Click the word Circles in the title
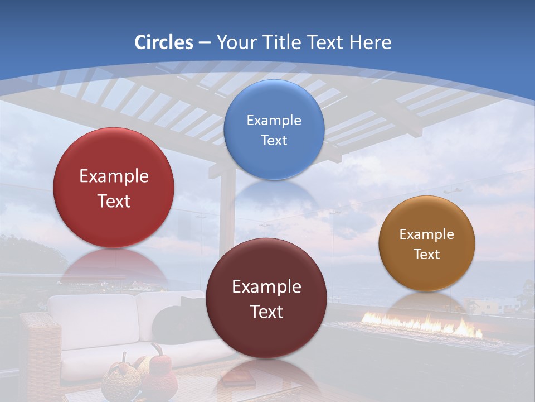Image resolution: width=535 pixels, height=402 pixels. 164,42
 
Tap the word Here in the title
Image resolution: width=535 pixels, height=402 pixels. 370,42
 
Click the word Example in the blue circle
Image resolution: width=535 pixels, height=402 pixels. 274,120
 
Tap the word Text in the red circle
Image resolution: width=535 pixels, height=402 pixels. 114,201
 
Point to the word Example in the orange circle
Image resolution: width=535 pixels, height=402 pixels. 427,234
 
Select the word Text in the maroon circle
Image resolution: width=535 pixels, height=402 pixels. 266,312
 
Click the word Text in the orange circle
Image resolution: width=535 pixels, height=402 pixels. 427,255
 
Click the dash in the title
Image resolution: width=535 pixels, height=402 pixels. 205,42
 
